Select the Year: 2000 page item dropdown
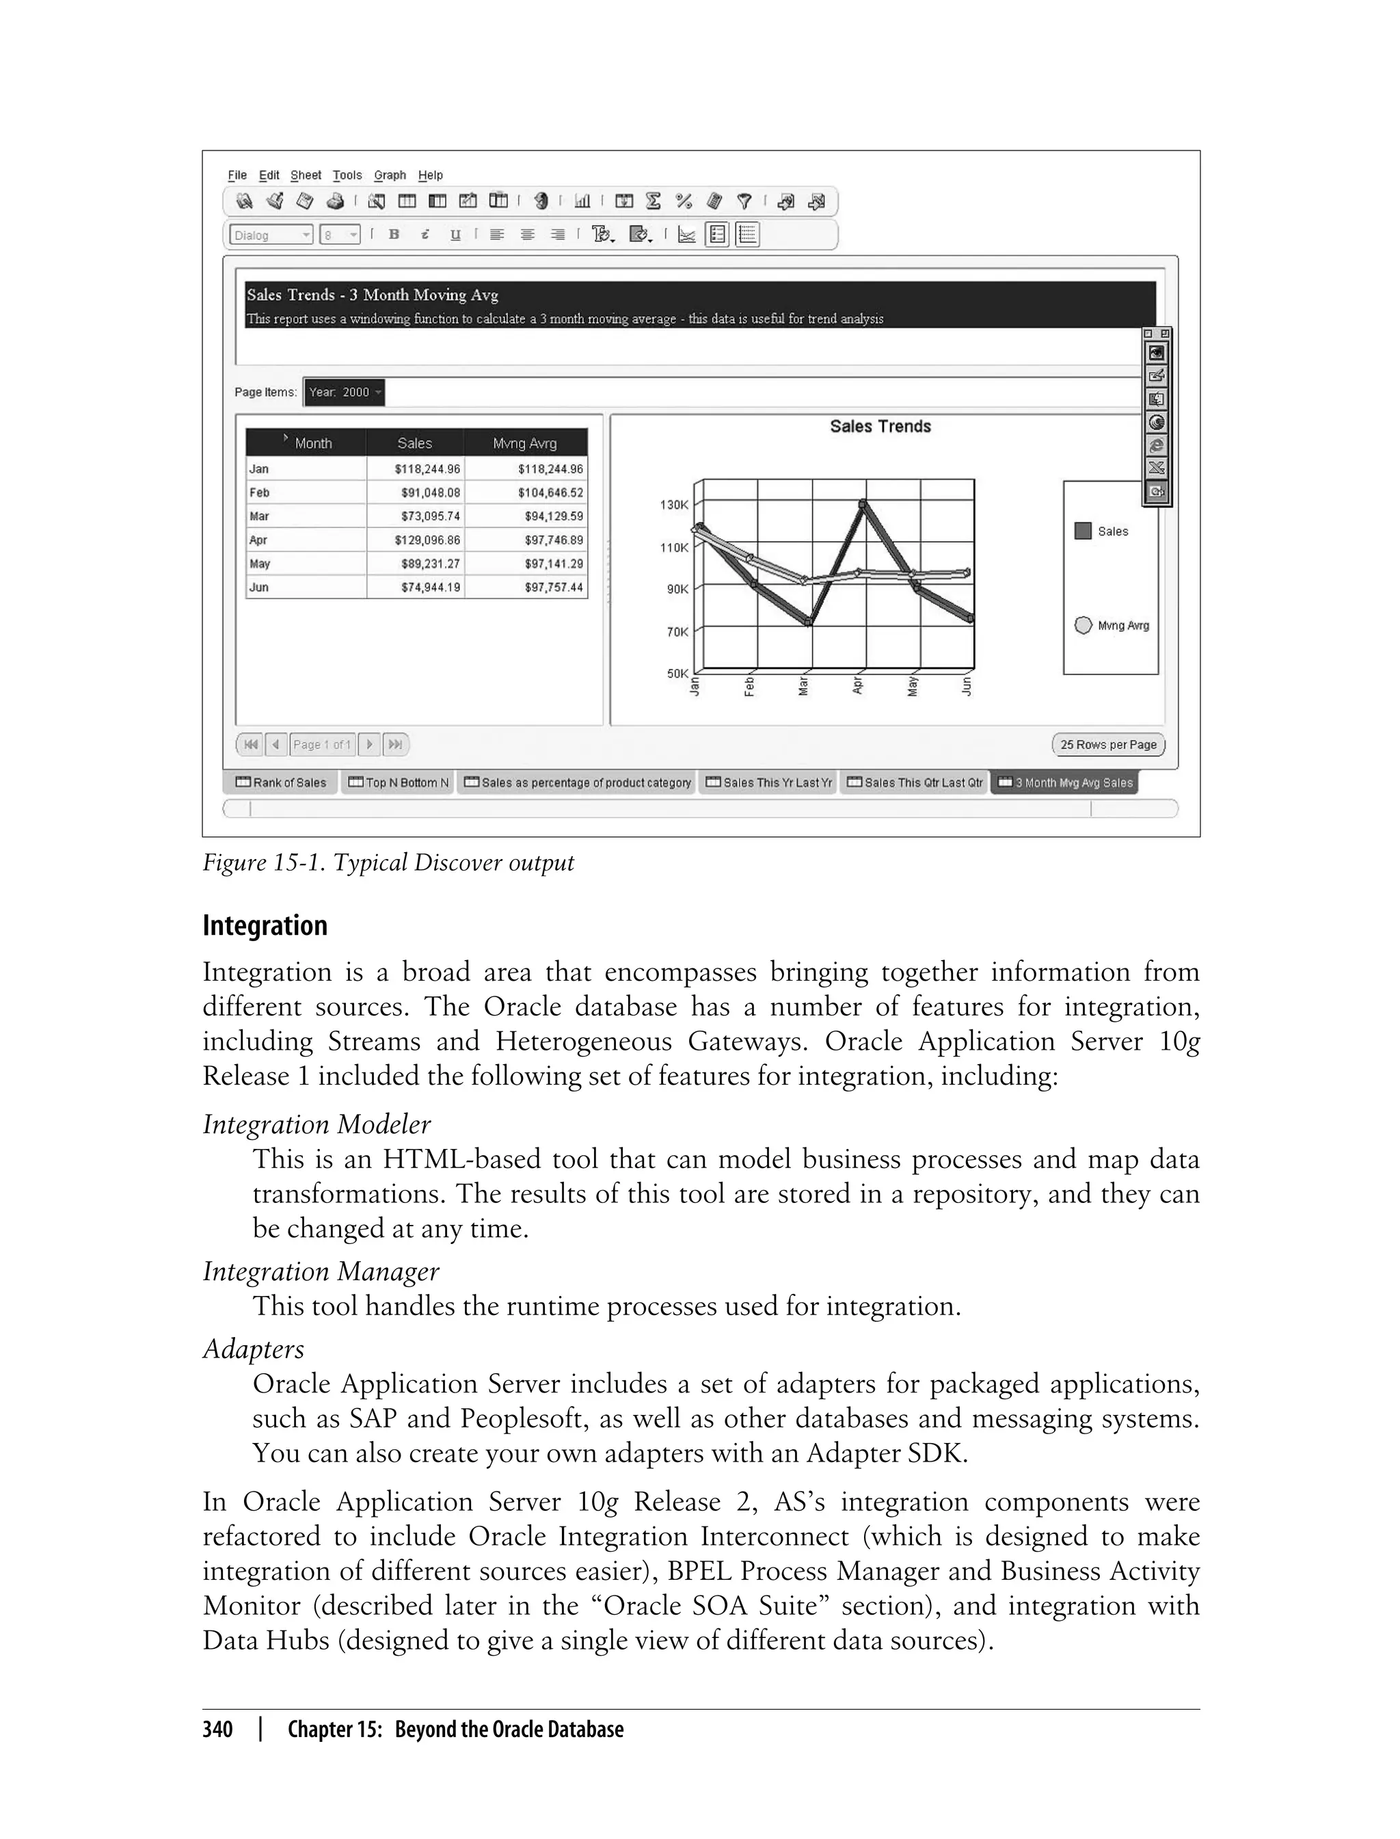pyautogui.click(x=344, y=393)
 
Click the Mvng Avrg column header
pyautogui.click(x=524, y=443)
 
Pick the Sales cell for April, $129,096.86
pyautogui.click(x=427, y=540)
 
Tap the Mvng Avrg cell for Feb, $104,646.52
pyautogui.click(x=550, y=492)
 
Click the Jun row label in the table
pyautogui.click(x=259, y=587)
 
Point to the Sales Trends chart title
pyautogui.click(x=880, y=427)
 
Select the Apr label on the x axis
pyautogui.click(x=857, y=686)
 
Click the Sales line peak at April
pyautogui.click(x=863, y=503)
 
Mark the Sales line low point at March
pyautogui.click(x=809, y=621)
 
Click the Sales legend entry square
pyautogui.click(x=1083, y=531)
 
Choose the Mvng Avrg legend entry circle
pyautogui.click(x=1083, y=625)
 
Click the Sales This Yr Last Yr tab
pyautogui.click(x=768, y=783)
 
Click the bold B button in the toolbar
pyautogui.click(x=394, y=235)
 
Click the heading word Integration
pyautogui.click(x=265, y=926)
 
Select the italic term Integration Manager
pyautogui.click(x=321, y=1271)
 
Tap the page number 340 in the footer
pyautogui.click(x=217, y=1730)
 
